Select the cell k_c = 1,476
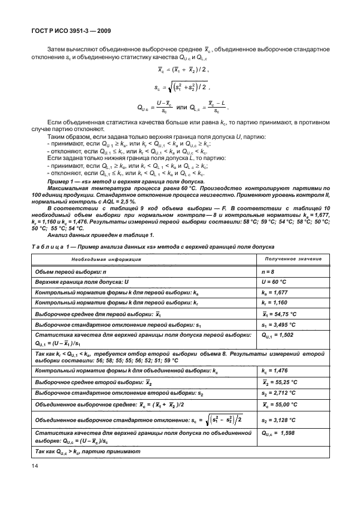(275, 370)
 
